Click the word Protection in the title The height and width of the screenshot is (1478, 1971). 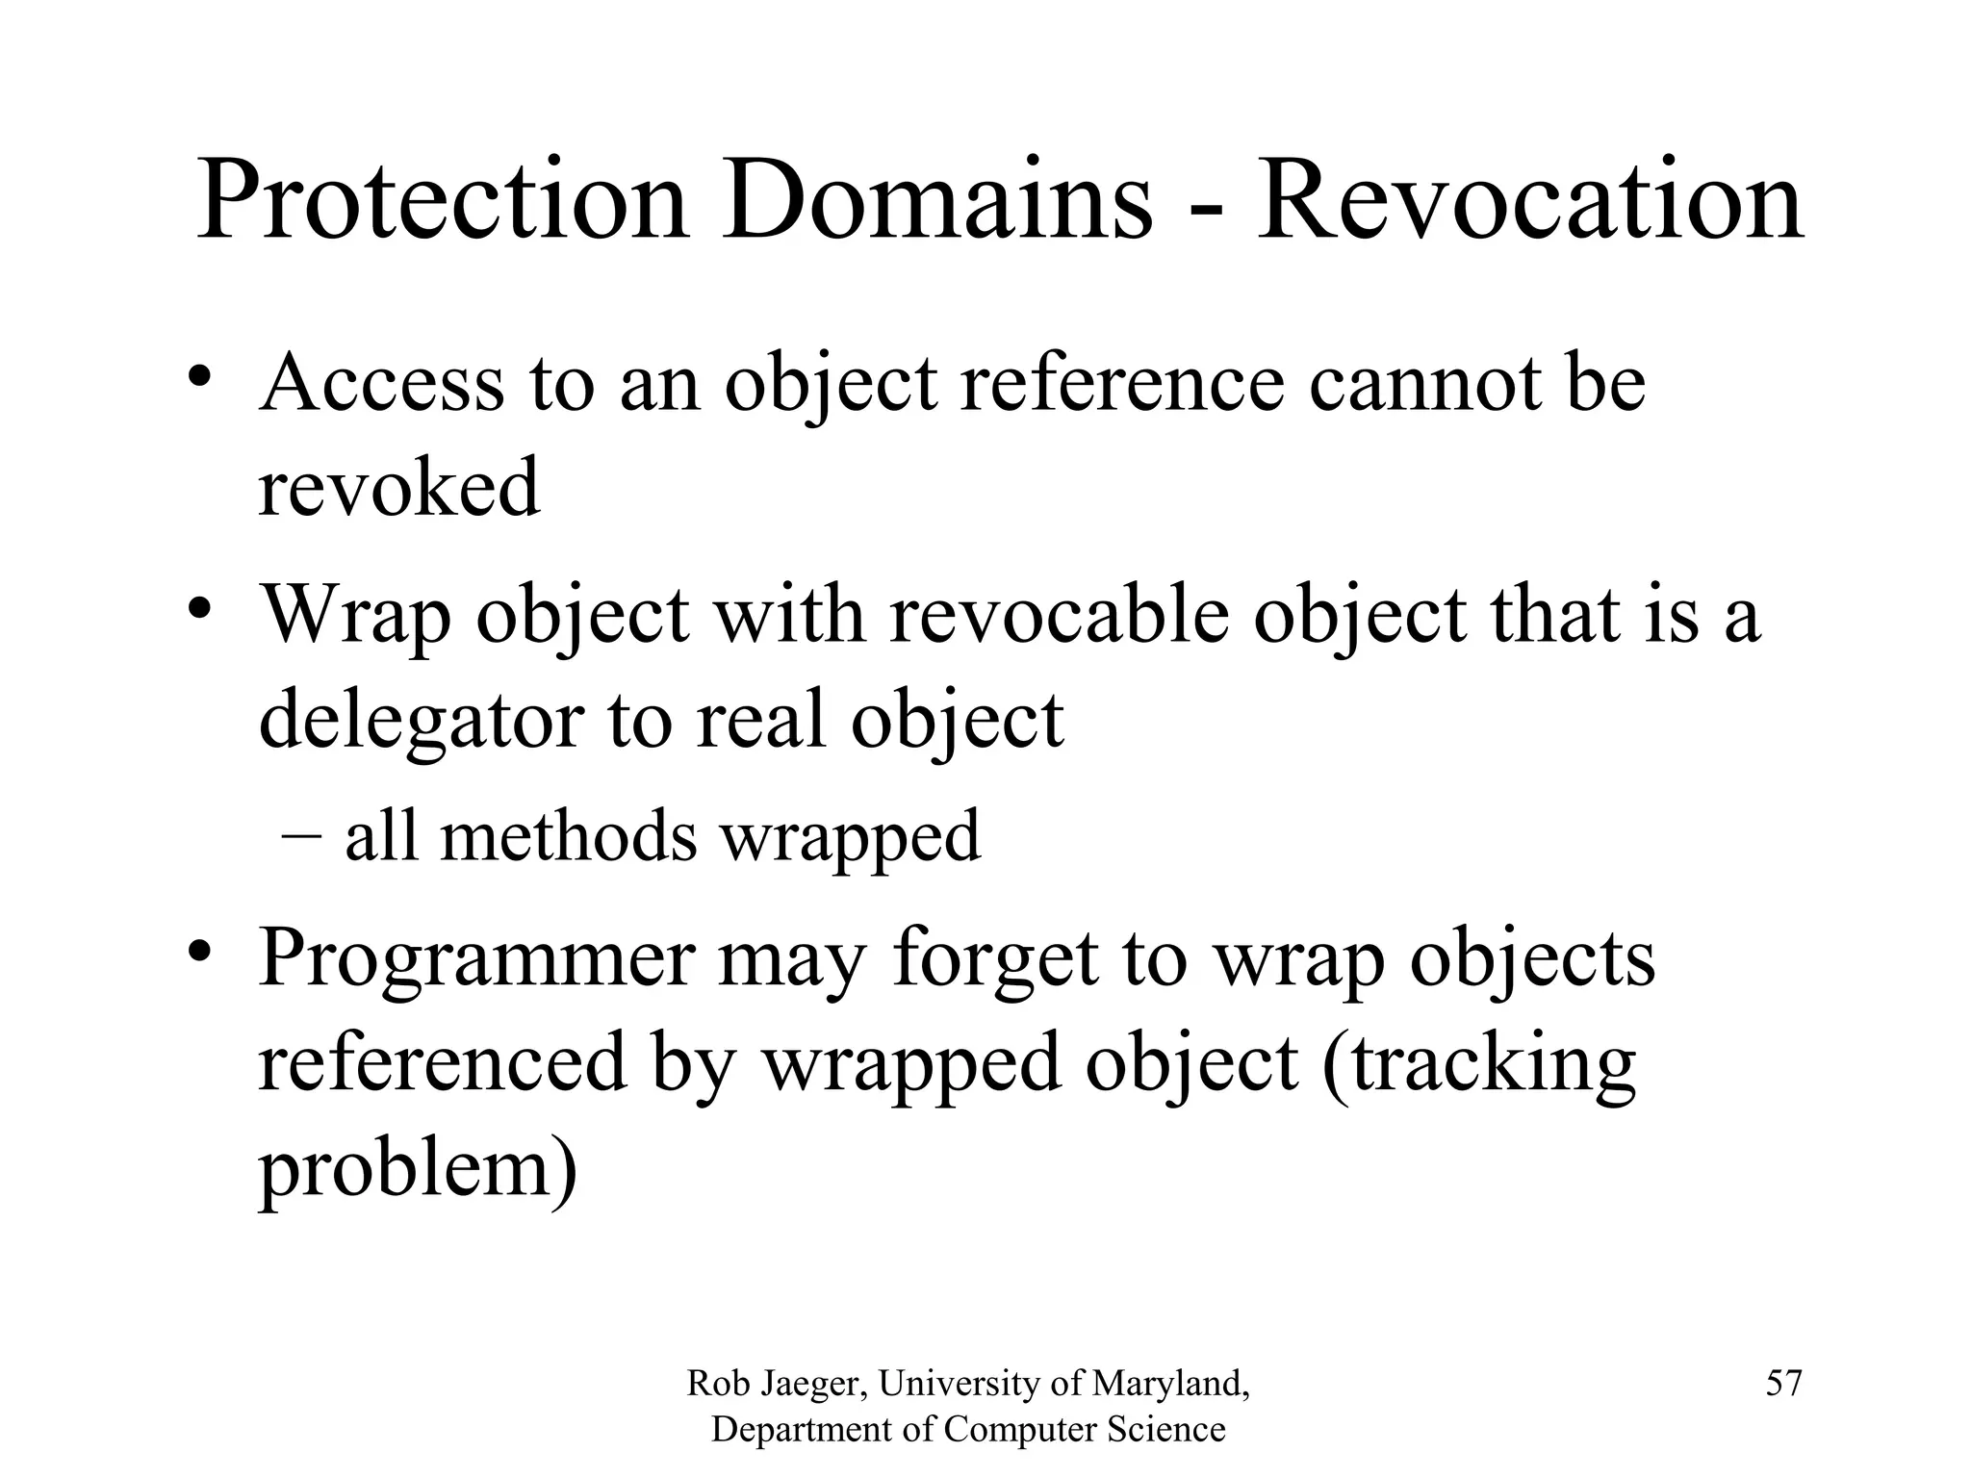pyautogui.click(x=443, y=202)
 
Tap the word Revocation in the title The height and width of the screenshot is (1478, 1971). pyautogui.click(x=1529, y=202)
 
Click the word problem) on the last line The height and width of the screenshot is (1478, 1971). pyautogui.click(x=418, y=1170)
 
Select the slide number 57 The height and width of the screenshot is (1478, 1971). pyautogui.click(x=1783, y=1384)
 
